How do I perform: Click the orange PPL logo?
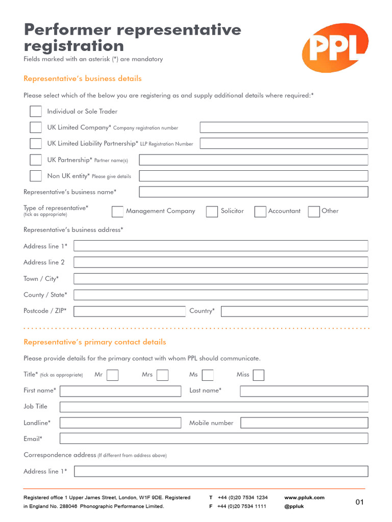334,47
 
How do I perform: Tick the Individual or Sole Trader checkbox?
36,111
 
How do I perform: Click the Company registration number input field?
283,127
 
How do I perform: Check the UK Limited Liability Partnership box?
36,143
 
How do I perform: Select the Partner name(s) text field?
253,160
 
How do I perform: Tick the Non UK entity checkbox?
36,176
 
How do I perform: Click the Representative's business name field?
253,192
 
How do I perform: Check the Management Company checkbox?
117,212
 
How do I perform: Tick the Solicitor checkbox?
212,212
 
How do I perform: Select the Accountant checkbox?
260,212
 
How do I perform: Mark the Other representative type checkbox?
314,212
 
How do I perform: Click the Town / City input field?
220,279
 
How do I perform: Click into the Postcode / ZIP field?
129,311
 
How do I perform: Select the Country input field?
294,311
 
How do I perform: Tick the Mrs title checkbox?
162,375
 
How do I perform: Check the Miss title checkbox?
259,375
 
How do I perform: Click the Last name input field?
304,391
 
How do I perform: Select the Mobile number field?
304,423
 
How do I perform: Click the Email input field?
213,438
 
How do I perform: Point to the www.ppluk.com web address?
304,498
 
